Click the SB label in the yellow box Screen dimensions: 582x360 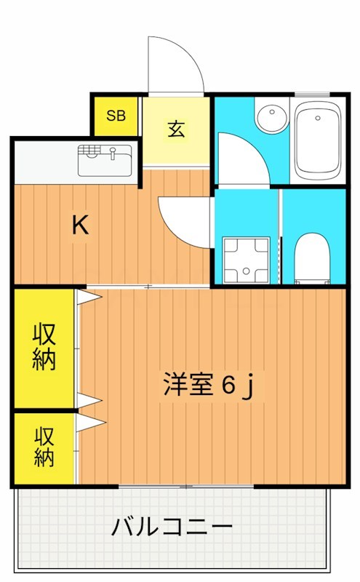tap(116, 115)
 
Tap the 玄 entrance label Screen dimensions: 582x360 tap(177, 129)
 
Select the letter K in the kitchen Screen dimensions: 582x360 tap(80, 226)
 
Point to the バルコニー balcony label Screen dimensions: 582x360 tap(172, 526)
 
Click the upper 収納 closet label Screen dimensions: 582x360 tap(44, 348)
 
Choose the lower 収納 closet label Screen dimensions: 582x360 tap(44, 447)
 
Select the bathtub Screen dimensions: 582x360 tap(317, 143)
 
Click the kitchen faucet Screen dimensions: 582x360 tap(113, 152)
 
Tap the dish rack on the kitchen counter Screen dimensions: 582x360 tap(89, 151)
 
